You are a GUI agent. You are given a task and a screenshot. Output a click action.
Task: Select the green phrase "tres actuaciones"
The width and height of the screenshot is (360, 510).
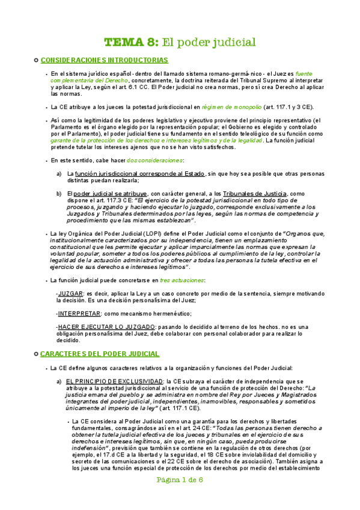pyautogui.click(x=182, y=280)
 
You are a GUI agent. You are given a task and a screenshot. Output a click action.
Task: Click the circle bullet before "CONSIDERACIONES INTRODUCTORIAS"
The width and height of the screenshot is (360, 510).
pyautogui.click(x=37, y=60)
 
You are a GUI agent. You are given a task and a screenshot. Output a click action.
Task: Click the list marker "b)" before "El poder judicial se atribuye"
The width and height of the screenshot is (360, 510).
pyautogui.click(x=59, y=194)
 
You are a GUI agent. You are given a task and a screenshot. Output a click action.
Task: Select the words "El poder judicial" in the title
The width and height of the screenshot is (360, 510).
pyautogui.click(x=209, y=42)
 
